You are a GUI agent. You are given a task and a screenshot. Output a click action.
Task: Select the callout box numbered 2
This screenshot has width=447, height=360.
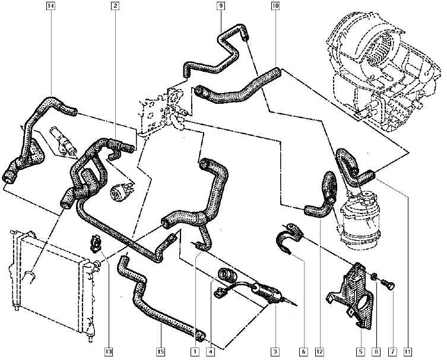coord(115,7)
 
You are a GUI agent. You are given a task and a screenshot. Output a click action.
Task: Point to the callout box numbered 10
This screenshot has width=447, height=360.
coord(275,7)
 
